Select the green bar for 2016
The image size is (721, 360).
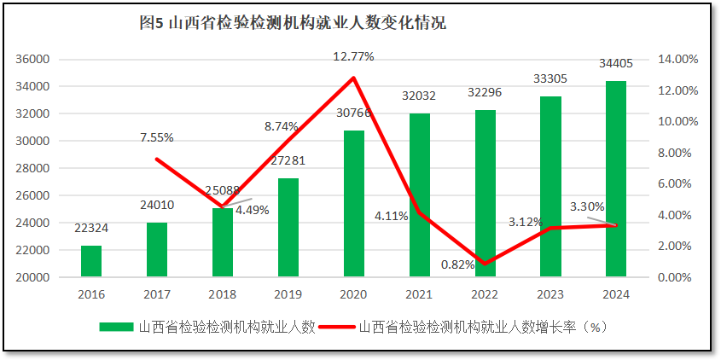point(91,261)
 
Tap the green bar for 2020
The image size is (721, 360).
point(354,204)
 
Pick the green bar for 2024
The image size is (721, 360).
point(616,179)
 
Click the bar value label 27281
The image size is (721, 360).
point(288,160)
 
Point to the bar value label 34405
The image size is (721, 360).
point(616,63)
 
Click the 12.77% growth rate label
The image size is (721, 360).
point(353,56)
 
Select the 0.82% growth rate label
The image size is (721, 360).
point(457,264)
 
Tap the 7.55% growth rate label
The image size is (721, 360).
point(157,137)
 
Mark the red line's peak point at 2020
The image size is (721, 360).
point(353,78)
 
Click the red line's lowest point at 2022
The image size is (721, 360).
point(485,264)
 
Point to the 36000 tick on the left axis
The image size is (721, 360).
point(33,60)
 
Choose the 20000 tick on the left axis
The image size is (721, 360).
point(33,277)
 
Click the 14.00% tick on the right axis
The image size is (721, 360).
point(679,60)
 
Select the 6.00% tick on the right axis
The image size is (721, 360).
point(679,184)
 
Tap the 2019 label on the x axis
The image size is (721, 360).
point(288,294)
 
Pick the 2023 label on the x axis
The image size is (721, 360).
point(550,294)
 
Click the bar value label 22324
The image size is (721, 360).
point(91,228)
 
